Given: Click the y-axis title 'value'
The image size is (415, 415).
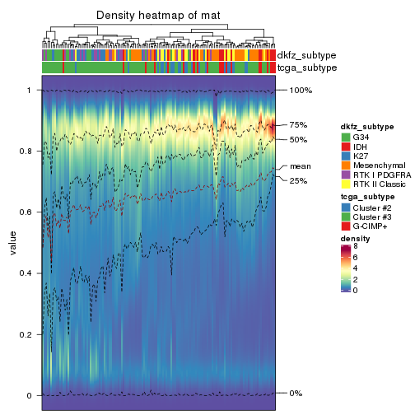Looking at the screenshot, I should pos(12,245).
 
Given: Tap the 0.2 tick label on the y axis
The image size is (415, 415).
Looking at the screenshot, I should pos(30,335).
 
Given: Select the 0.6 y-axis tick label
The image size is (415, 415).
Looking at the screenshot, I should pos(30,212).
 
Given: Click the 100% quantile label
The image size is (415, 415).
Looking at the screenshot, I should pos(301,90).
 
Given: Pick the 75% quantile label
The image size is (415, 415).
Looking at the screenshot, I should pos(298,125).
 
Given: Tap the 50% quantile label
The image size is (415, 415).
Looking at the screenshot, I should pos(298,140).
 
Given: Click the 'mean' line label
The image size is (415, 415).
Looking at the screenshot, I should pos(300,166).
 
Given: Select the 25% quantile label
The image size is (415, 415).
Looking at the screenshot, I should pos(298,180).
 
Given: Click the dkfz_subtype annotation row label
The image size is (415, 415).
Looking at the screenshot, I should pos(307,55).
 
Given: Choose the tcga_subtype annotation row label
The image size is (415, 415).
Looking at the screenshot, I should pos(306,68).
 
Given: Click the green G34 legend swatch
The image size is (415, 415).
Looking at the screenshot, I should pos(346,137).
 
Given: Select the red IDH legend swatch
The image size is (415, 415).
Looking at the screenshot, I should pos(346,146).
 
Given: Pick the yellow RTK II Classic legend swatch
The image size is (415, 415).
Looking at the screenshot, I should pos(346,184).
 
